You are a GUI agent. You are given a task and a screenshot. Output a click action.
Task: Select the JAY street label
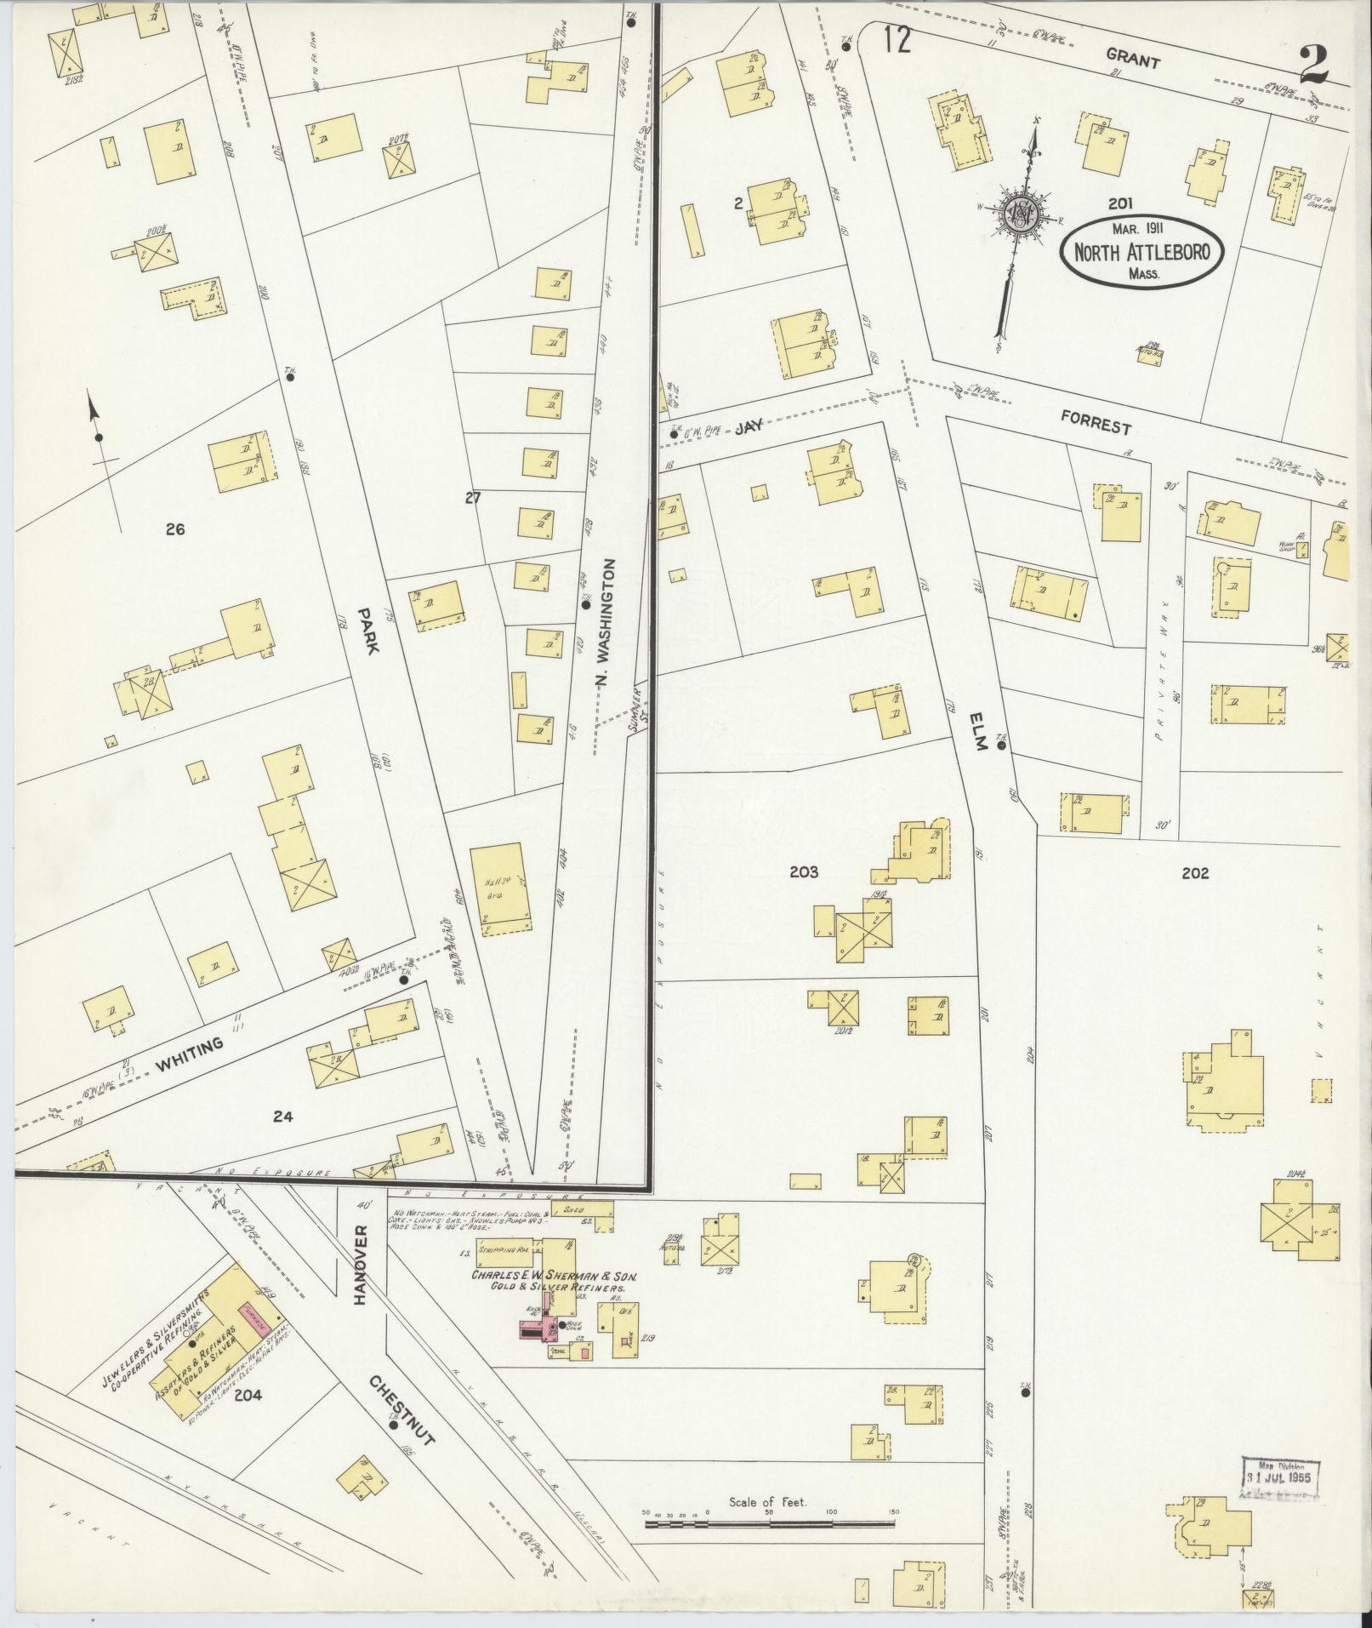(749, 430)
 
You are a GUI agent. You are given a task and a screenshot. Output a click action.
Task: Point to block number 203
(803, 872)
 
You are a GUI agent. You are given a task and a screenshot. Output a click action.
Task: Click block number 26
(175, 529)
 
